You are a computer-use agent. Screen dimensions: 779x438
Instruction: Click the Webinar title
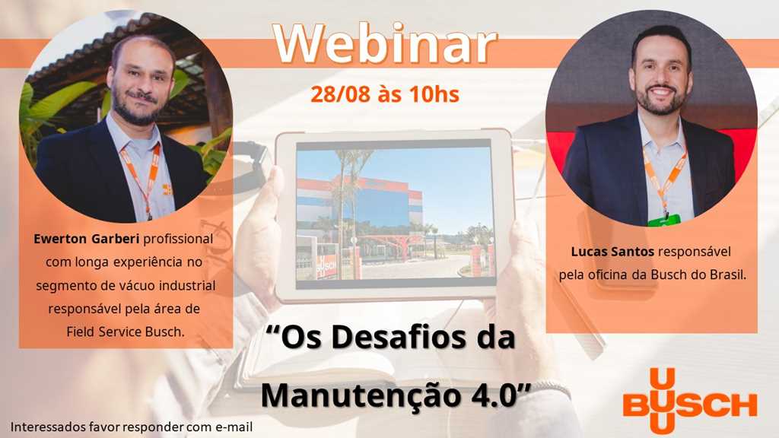[x=384, y=45]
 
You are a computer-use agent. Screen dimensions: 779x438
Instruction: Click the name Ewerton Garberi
[x=87, y=239]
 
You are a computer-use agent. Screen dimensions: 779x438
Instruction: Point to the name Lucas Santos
[x=612, y=251]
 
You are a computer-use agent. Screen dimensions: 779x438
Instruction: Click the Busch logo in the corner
[x=690, y=400]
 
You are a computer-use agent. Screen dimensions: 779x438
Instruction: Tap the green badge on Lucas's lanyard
[x=665, y=220]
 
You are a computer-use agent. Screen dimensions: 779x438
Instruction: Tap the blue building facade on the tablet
[x=383, y=208]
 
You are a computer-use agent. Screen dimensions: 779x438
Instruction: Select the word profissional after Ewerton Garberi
[x=178, y=239]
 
